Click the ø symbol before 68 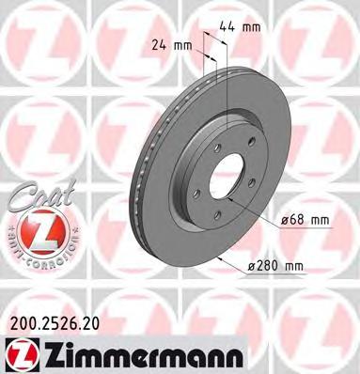click(x=285, y=220)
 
